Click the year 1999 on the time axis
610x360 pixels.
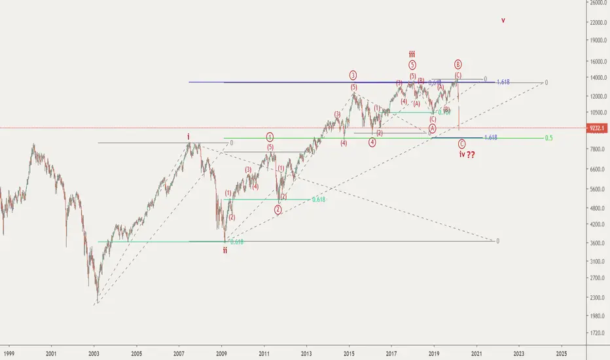[9, 352]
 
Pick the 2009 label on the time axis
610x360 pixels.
[222, 352]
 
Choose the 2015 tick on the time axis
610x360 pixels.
[349, 352]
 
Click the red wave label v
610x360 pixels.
[503, 20]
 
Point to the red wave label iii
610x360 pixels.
[412, 54]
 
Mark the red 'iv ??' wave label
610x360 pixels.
[465, 155]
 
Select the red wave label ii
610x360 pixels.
[225, 249]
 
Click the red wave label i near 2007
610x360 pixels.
[188, 136]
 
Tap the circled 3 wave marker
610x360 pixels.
[353, 75]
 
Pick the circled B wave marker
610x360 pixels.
[458, 64]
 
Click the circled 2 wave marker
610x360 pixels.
[278, 209]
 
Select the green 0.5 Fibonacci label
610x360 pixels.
[548, 138]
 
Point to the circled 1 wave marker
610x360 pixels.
[270, 137]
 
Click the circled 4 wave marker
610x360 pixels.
[372, 142]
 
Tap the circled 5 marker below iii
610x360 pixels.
[412, 65]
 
